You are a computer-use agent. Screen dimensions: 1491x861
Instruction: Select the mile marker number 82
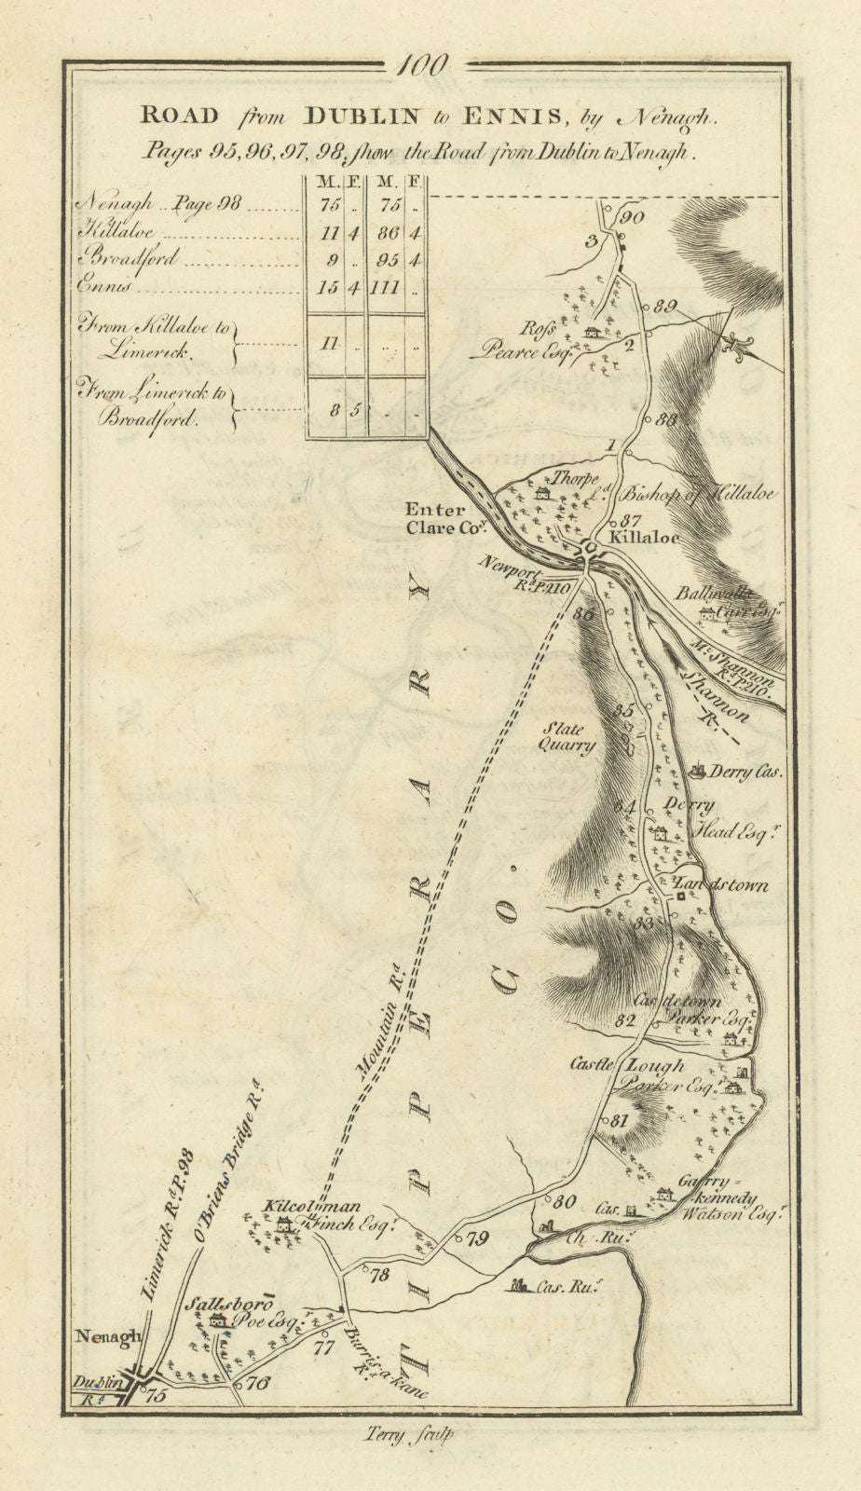(625, 1020)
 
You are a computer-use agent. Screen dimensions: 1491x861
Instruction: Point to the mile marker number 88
(664, 419)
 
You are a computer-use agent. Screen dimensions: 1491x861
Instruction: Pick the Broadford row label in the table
(130, 259)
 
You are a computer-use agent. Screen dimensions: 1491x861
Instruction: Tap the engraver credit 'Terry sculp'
(430, 1435)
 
